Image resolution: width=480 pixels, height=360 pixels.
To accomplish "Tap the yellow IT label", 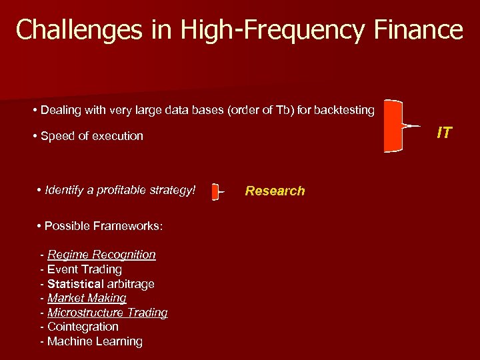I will (x=444, y=133).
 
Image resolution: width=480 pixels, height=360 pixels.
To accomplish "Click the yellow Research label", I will (x=275, y=191).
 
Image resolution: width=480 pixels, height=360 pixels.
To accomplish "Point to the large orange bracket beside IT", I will (x=395, y=126).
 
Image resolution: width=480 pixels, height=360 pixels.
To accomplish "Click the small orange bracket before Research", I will (x=215, y=192).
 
